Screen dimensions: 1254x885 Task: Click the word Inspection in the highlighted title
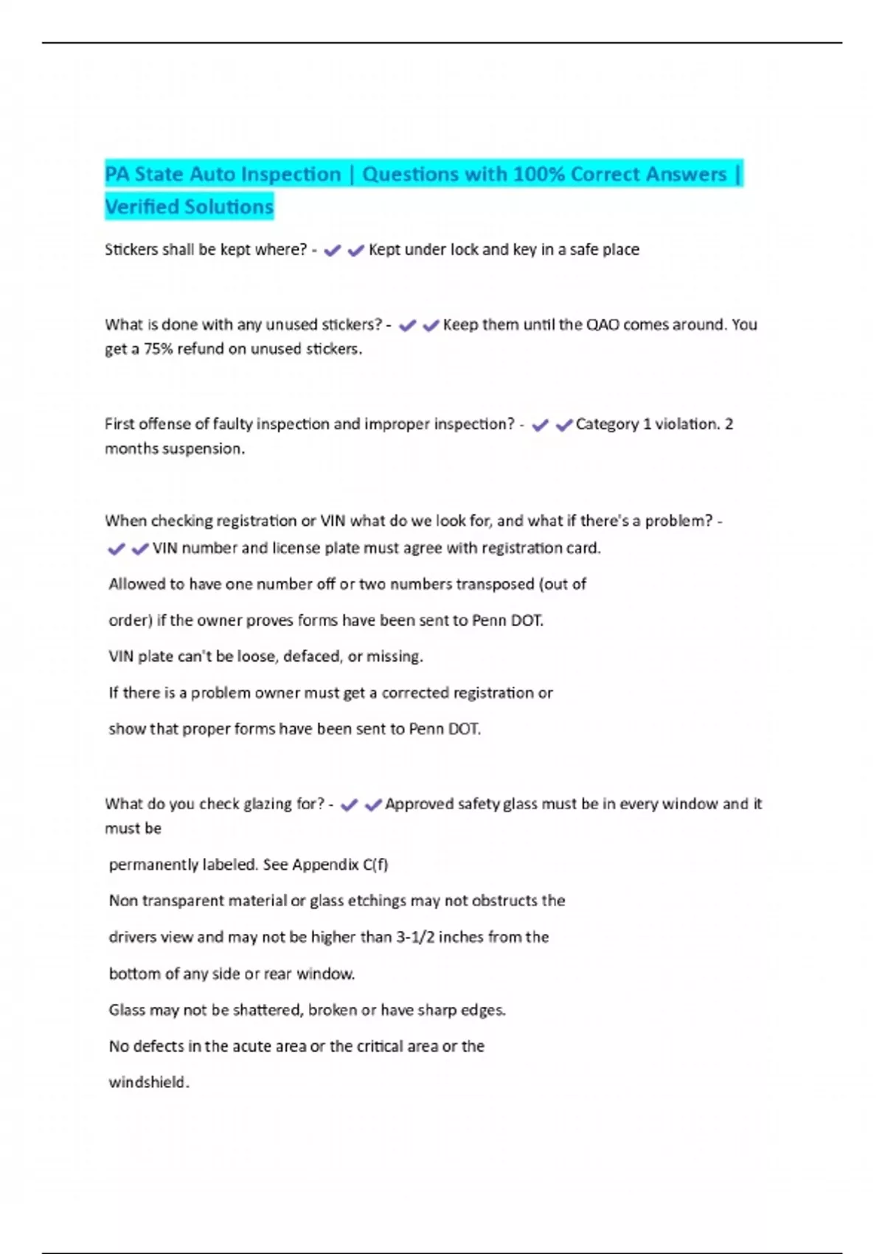[291, 174]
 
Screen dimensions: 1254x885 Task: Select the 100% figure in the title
[538, 174]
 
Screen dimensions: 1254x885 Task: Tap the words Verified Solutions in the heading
[189, 207]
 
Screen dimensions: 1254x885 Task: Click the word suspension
[207, 448]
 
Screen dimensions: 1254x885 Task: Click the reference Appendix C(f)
[340, 865]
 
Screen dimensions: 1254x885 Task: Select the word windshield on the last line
[148, 1082]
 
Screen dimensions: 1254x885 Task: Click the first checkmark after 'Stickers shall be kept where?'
[333, 251]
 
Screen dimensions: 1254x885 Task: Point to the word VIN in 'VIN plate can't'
[121, 657]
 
